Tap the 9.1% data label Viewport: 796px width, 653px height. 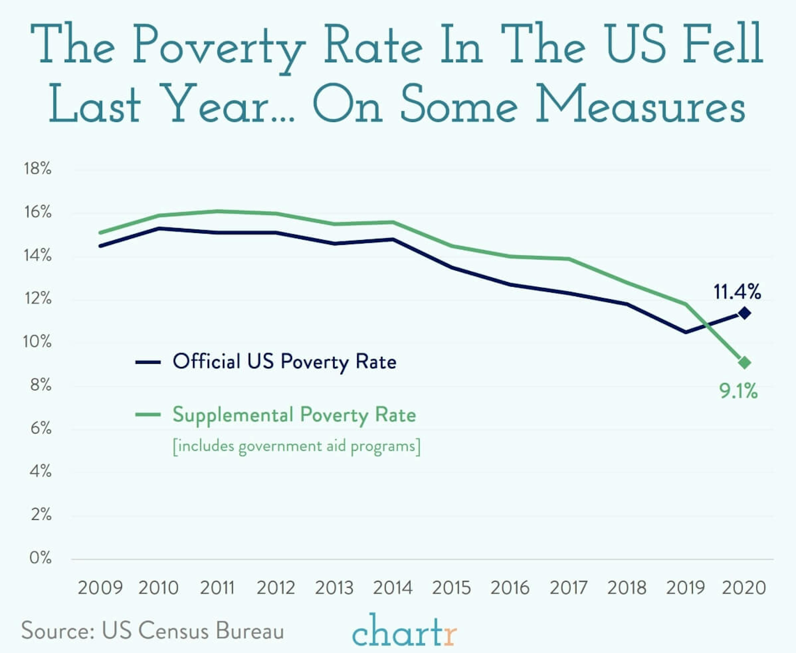(x=738, y=391)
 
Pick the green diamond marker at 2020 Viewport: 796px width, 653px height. (x=744, y=363)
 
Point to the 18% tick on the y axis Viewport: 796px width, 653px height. (x=38, y=168)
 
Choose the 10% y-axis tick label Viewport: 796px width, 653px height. (x=38, y=342)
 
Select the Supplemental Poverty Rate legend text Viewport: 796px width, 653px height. (x=294, y=415)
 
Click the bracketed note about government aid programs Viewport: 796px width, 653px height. (x=296, y=447)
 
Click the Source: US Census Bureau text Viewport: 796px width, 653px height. (x=152, y=630)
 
